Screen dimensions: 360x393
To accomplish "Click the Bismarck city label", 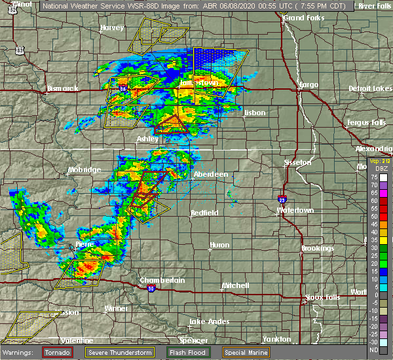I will [x=63, y=88].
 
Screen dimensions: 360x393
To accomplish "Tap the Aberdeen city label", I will [x=211, y=174].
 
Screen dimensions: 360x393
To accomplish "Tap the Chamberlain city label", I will [x=162, y=280].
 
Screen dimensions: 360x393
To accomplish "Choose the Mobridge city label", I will [x=84, y=170].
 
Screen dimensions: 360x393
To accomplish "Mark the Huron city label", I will [x=219, y=245].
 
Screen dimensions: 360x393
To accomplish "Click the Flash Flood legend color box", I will [x=164, y=351].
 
